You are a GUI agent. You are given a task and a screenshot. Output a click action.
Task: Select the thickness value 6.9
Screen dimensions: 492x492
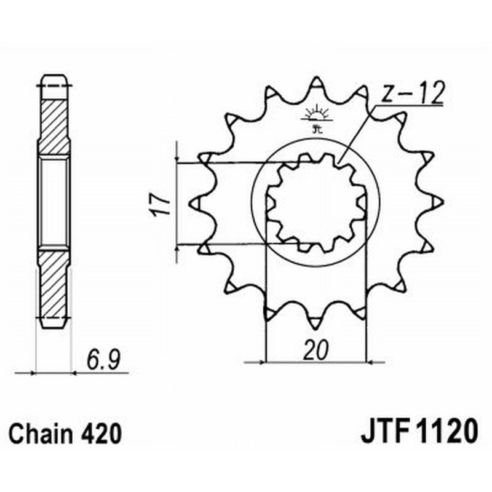pyautogui.click(x=100, y=359)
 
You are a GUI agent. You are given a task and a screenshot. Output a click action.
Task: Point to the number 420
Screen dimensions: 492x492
pyautogui.click(x=101, y=434)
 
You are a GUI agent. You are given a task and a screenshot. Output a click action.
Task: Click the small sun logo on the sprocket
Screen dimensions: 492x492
pyautogui.click(x=316, y=117)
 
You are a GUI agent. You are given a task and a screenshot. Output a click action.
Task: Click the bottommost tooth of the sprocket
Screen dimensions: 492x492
pyautogui.click(x=316, y=321)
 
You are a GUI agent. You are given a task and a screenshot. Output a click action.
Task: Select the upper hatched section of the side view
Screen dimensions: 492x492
pyautogui.click(x=54, y=126)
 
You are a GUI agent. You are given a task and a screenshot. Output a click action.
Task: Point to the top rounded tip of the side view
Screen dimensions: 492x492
pyautogui.click(x=54, y=79)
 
